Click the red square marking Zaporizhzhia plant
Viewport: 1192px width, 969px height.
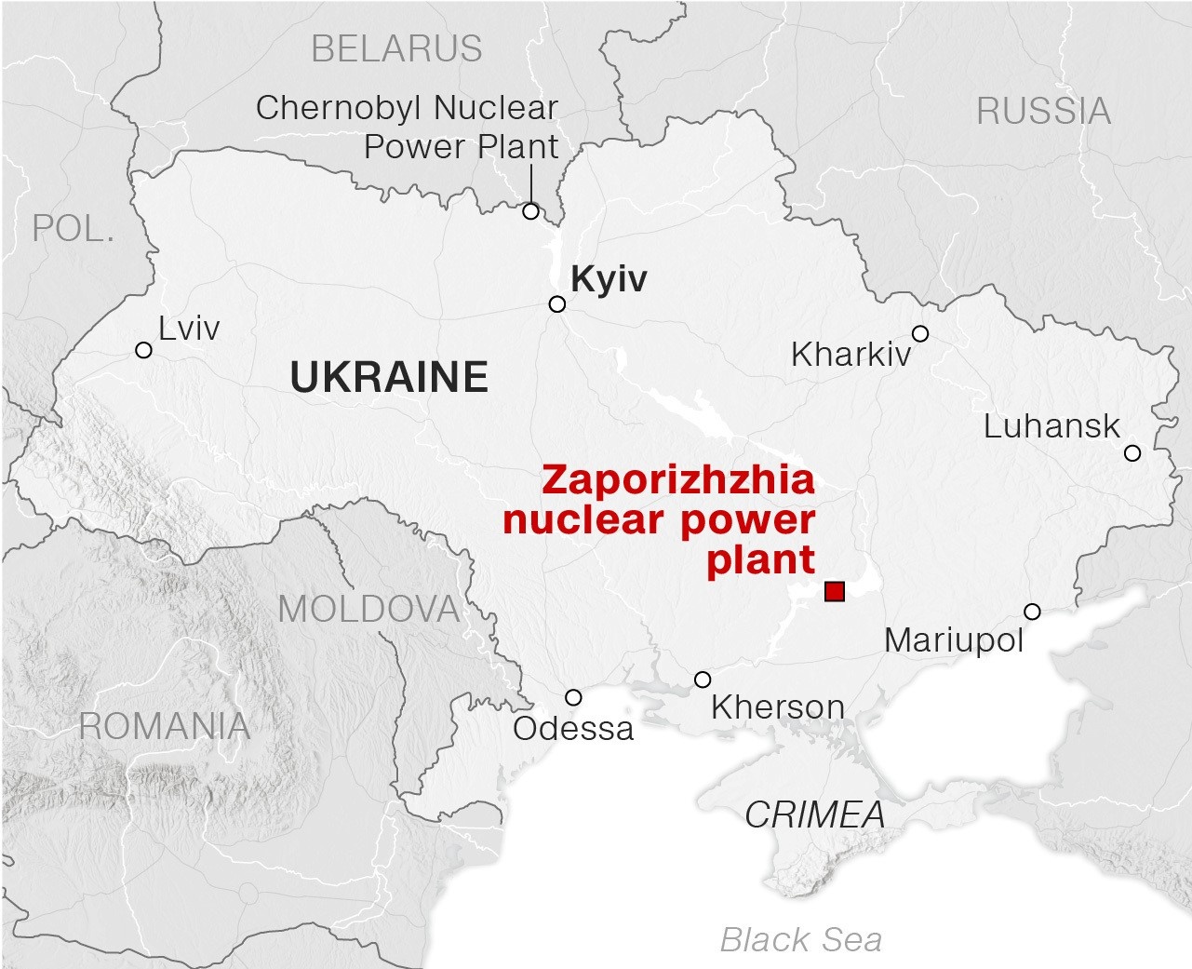[835, 591]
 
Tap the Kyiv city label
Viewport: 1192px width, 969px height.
[609, 278]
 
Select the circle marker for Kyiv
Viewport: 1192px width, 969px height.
[557, 304]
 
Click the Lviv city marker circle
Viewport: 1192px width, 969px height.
[143, 350]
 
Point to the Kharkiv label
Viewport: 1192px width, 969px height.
[850, 355]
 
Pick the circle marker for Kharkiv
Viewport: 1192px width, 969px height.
[920, 333]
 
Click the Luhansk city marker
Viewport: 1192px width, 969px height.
[1132, 453]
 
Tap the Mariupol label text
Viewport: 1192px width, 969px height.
[954, 640]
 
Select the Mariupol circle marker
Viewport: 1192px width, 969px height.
[1032, 612]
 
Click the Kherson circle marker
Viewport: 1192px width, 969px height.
[703, 680]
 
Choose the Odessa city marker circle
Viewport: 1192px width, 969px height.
[573, 697]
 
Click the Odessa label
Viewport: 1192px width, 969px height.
[573, 728]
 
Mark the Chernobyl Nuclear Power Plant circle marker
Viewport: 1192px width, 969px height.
[530, 211]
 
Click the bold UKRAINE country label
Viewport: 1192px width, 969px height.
[389, 377]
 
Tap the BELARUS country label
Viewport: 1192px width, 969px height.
[396, 48]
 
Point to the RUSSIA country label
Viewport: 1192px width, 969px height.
[1043, 112]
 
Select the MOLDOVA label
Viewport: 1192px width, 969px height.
[369, 609]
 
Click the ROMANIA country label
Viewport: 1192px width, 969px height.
[165, 726]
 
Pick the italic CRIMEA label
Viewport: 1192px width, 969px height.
[815, 815]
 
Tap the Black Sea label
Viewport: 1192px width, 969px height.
[801, 940]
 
